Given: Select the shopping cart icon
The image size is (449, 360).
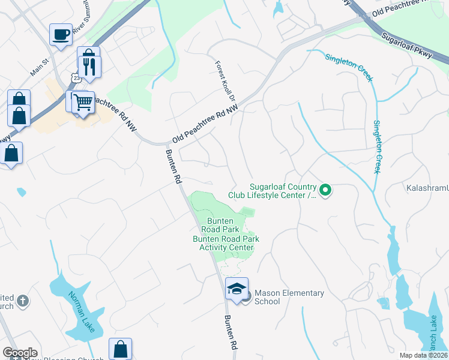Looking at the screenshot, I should coord(83,102).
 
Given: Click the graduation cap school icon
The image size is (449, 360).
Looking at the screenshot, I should coord(237,289).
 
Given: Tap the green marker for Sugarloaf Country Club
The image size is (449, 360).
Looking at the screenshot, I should coord(325,191).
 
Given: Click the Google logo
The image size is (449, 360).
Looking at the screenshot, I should coord(20,353).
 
